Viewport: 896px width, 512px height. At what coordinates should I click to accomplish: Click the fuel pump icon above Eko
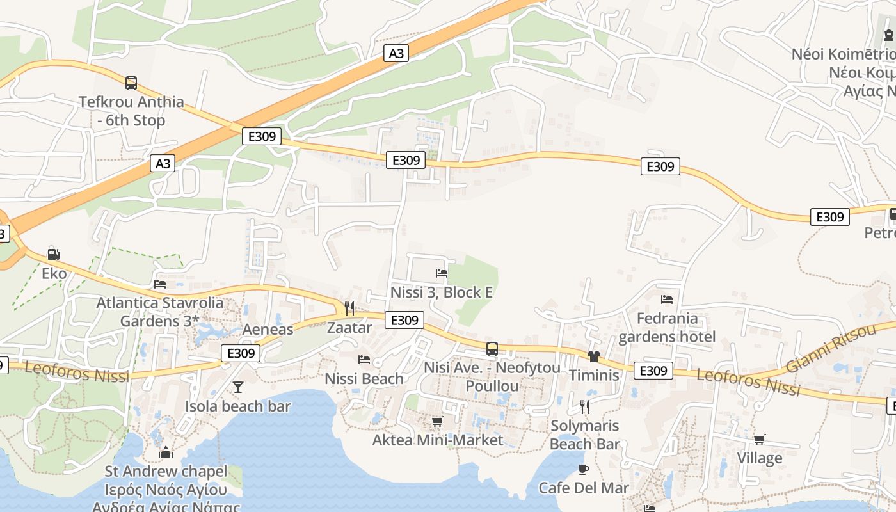54,255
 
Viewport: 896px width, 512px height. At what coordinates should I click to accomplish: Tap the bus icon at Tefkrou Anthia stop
131,83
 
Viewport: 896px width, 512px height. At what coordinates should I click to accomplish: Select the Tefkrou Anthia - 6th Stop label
131,111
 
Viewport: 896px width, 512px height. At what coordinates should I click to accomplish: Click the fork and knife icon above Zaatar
349,308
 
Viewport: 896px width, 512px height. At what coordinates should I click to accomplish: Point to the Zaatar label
349,328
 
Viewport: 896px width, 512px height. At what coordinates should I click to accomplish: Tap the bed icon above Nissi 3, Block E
442,273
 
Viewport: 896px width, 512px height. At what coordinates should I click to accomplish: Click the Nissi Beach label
364,378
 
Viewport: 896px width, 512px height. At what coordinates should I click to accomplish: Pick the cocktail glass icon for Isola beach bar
238,387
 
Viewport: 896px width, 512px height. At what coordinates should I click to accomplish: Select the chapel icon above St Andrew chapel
166,452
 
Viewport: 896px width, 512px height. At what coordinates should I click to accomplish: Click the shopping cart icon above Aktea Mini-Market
438,421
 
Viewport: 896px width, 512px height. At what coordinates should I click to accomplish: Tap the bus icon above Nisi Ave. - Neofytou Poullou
492,349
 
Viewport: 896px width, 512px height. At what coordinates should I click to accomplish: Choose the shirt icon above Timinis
594,356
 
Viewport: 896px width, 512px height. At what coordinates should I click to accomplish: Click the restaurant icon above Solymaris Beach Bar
584,406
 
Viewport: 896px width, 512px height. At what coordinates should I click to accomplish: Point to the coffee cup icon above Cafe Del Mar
584,469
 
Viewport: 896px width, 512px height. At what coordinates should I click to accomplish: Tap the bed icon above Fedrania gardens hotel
667,299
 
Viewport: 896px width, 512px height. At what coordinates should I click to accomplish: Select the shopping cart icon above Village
760,439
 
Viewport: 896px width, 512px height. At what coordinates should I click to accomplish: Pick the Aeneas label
268,330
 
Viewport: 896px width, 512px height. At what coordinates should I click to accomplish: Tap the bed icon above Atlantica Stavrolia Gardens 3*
160,284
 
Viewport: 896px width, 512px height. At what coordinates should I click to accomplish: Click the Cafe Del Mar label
584,488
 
